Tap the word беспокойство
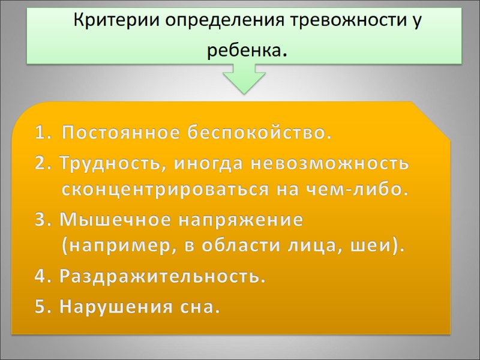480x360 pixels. click(x=256, y=132)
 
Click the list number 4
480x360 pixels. click(x=40, y=278)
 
